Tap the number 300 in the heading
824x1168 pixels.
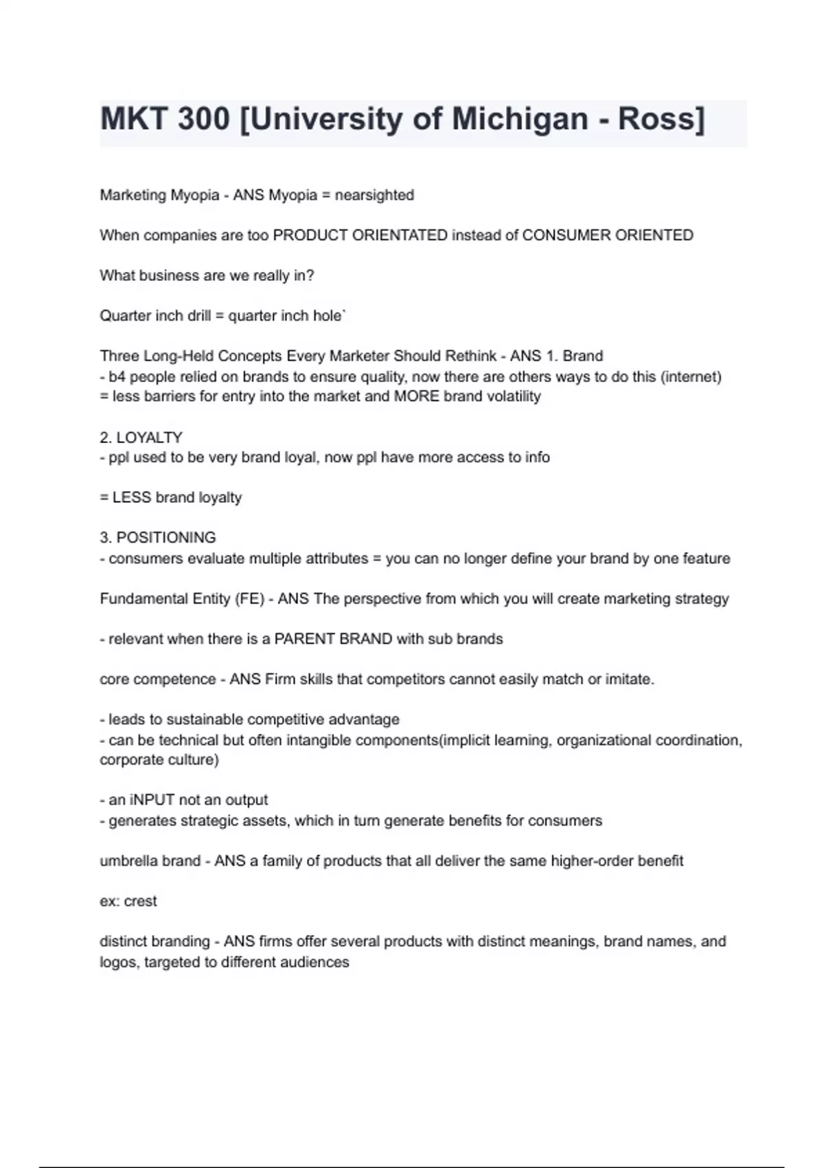click(x=204, y=119)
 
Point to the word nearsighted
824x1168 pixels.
click(x=374, y=195)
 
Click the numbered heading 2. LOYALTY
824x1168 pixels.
click(x=141, y=437)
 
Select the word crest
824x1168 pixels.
click(x=141, y=901)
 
